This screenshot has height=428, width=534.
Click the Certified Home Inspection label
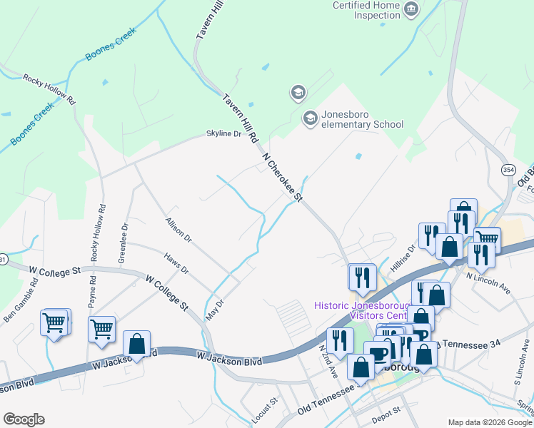coord(366,10)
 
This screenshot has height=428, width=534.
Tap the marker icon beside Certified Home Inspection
coord(410,9)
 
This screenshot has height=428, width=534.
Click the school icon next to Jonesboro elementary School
coord(310,118)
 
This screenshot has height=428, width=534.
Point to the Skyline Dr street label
coord(224,133)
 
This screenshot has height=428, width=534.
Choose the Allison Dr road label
coord(178,230)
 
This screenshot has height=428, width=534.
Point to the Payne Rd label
coord(93,292)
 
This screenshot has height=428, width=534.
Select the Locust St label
coord(263,409)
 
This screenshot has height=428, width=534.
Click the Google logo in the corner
coord(24,419)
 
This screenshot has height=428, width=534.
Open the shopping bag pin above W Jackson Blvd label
coord(136,344)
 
